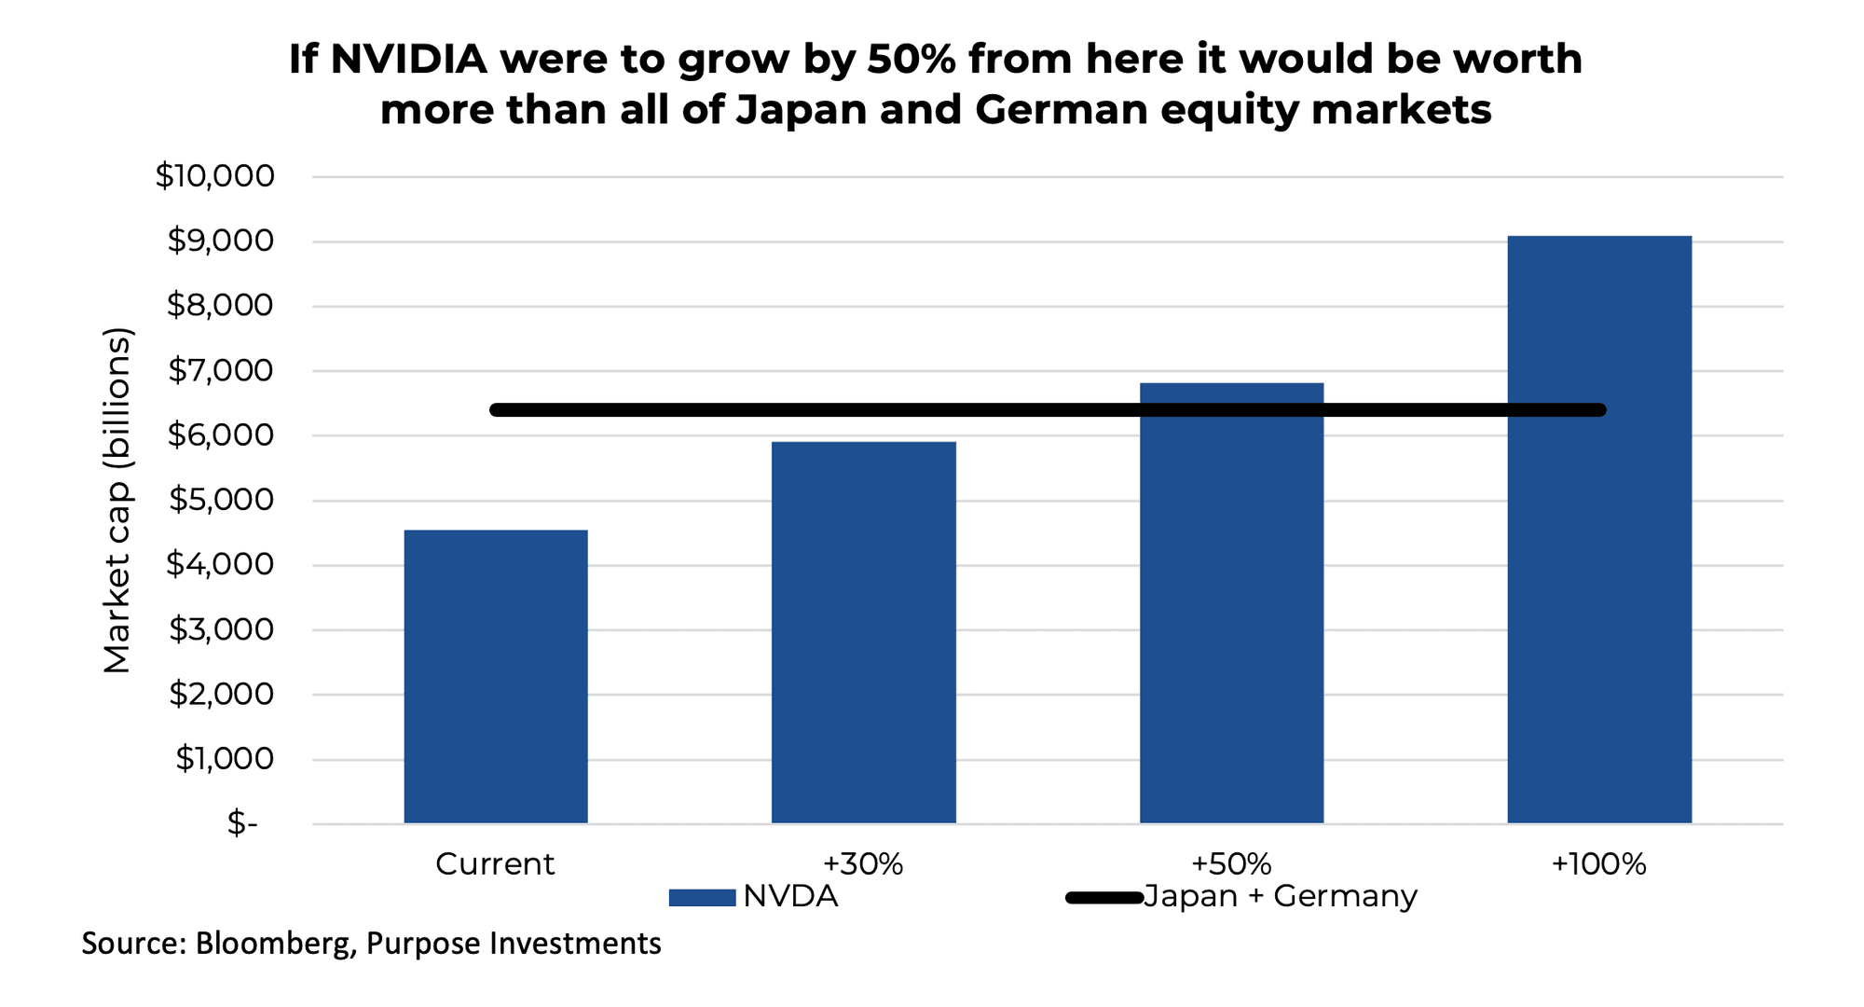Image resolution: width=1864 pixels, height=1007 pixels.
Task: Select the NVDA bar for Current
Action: point(495,676)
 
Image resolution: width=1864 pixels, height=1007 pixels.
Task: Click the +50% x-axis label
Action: point(1231,864)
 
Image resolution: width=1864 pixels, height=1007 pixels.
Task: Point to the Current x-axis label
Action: point(495,864)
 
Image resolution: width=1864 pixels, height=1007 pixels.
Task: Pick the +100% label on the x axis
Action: point(1598,864)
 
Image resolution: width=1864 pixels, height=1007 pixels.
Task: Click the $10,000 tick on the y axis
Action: point(215,176)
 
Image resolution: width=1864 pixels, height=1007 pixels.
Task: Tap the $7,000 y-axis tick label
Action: point(221,371)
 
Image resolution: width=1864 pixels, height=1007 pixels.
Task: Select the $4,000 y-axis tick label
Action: point(220,565)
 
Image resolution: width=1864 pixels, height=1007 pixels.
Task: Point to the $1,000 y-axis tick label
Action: point(225,759)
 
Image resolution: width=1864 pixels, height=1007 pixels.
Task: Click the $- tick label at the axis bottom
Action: point(241,823)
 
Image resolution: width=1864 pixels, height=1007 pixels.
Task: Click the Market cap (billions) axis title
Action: point(117,501)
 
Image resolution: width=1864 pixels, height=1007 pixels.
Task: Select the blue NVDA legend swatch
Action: point(702,898)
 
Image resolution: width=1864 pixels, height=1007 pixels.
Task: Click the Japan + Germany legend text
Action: point(1280,896)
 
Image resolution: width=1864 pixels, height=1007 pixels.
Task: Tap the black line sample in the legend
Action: point(1104,898)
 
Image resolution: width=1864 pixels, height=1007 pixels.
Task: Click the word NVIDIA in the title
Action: point(408,60)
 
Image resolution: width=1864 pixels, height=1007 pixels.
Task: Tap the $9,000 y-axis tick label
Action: point(221,241)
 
